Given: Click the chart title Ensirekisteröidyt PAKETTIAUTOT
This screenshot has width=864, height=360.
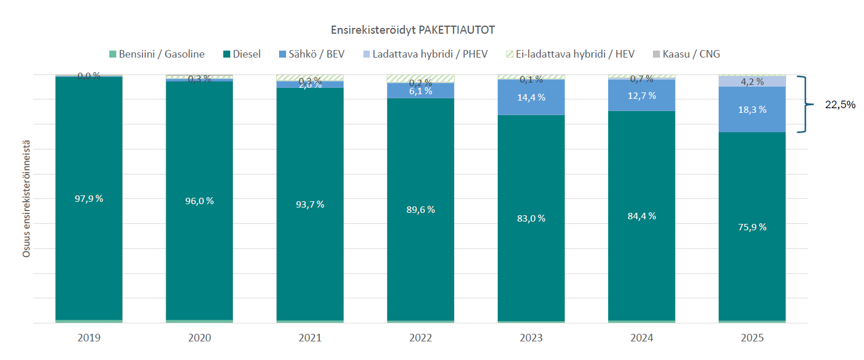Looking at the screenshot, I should coord(413,30).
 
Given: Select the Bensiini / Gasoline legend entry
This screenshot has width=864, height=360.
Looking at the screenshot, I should coord(157,54).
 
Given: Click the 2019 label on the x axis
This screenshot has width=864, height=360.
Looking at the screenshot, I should coord(89,338).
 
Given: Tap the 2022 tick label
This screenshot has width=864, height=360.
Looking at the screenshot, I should coord(420,338).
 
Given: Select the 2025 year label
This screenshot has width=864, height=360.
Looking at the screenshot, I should coord(752,338).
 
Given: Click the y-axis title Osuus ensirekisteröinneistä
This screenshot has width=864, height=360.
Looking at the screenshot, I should coord(27,198).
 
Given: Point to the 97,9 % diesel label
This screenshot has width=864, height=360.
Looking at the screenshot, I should coord(89,198).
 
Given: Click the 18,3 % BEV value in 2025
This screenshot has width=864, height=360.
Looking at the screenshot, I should coord(752,109).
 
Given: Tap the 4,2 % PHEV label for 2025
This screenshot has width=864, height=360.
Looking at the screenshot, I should coord(752,82).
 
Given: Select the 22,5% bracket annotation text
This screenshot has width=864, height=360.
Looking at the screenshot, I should coord(840,105).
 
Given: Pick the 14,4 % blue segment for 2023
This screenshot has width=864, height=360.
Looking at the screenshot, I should coord(531,97).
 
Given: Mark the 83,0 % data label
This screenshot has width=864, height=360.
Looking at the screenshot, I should coord(531,218).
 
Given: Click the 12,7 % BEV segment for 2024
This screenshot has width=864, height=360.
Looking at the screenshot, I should coord(641,95).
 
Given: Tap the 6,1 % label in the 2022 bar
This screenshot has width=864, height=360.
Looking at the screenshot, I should coord(420,91).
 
